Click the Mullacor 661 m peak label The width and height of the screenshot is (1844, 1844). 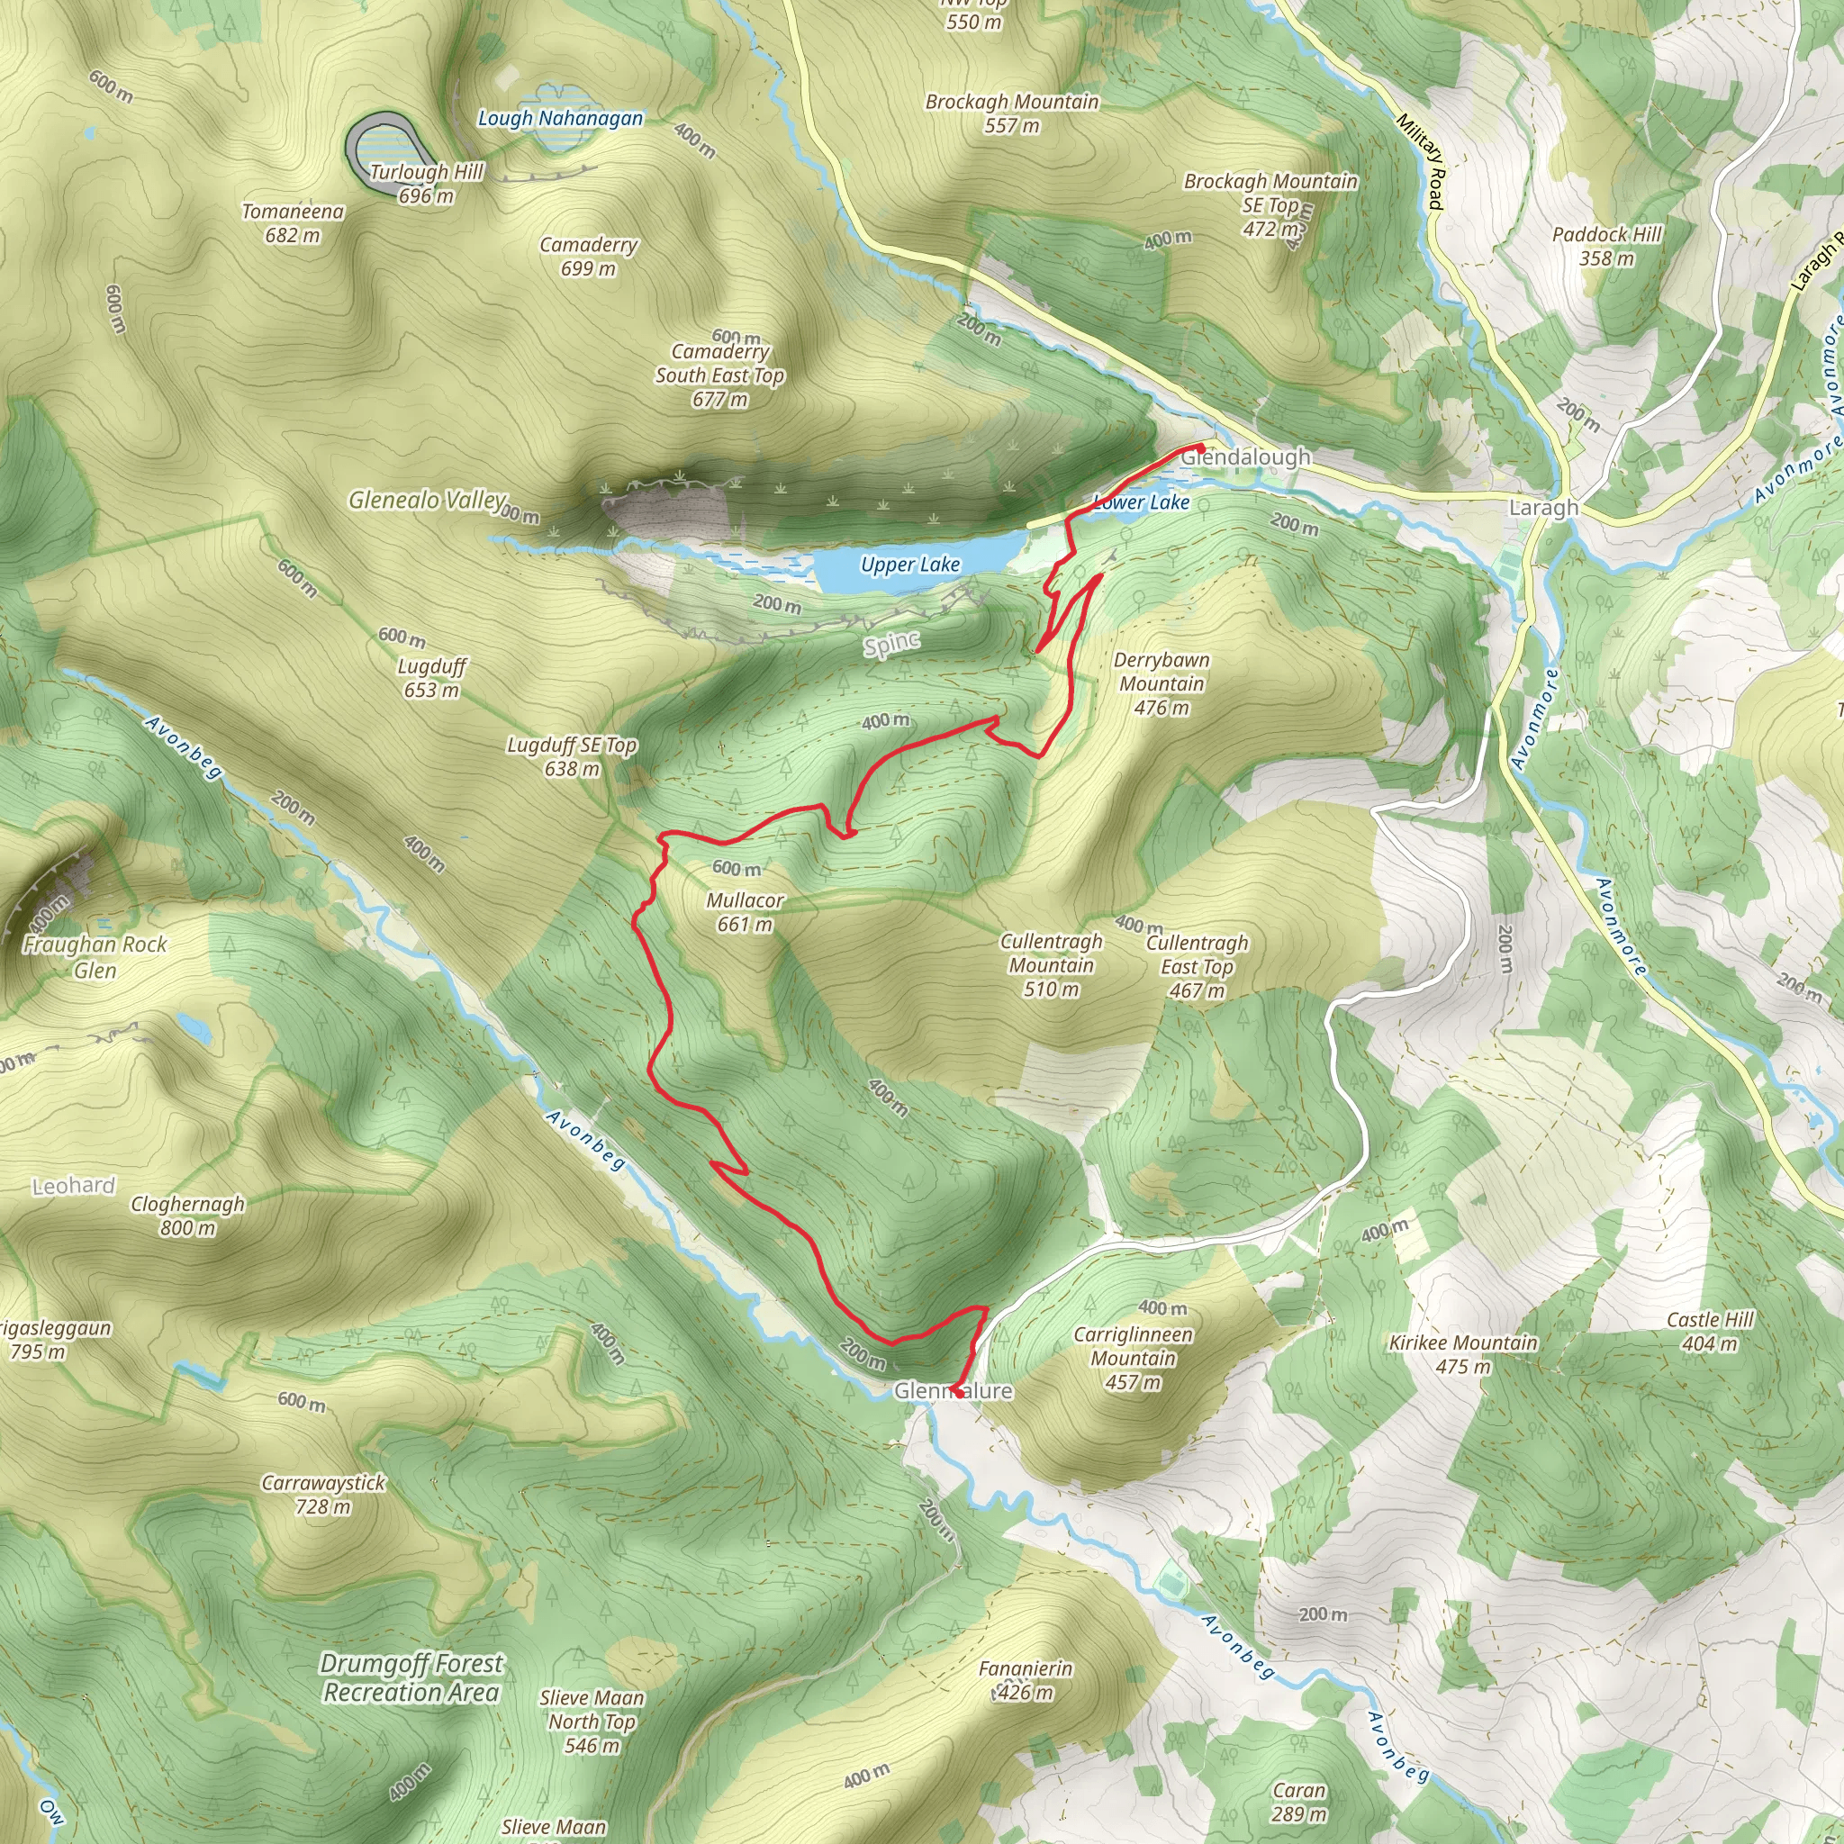click(x=745, y=912)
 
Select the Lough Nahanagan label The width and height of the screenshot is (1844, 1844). click(x=560, y=118)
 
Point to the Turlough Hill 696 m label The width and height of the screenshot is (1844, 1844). click(x=427, y=184)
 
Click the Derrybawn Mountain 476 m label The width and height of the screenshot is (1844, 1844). click(x=1161, y=683)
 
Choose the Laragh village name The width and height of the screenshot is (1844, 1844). click(x=1542, y=508)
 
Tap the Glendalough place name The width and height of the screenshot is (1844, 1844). click(x=1245, y=457)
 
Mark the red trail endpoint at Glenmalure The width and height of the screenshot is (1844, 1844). click(x=955, y=1393)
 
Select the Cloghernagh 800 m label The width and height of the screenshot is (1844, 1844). click(x=188, y=1215)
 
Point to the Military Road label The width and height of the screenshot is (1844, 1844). click(x=1420, y=160)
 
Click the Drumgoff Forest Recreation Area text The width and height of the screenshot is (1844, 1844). click(x=411, y=1678)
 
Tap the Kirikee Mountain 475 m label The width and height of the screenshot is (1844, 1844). click(x=1463, y=1353)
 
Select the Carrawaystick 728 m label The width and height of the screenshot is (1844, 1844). click(x=323, y=1494)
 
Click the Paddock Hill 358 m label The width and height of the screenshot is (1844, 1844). click(x=1606, y=245)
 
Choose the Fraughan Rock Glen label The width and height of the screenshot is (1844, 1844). click(x=95, y=957)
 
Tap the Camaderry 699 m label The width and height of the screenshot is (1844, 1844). click(x=588, y=256)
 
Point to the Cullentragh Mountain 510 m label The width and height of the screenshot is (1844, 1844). click(x=1051, y=965)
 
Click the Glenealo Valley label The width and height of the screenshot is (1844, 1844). click(x=427, y=500)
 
